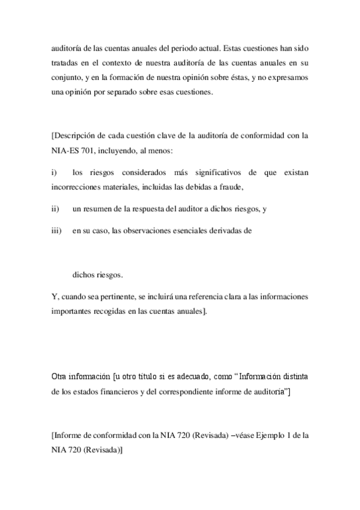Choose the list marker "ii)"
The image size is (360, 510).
[x=56, y=209]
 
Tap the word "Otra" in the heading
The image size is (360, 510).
[x=61, y=377]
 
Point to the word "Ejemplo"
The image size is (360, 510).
[x=264, y=435]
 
